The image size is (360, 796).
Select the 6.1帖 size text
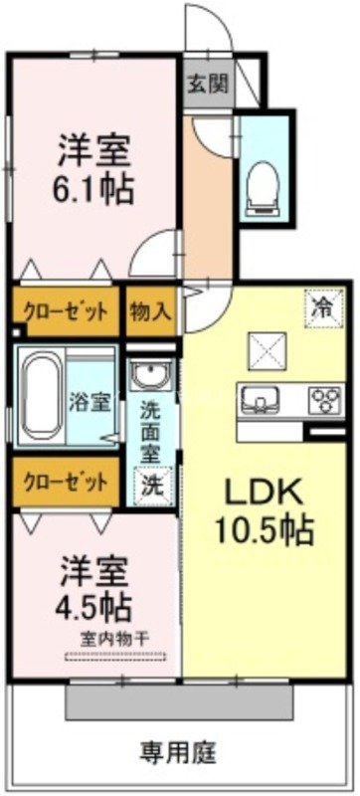[94, 189]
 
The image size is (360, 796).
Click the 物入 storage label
[151, 308]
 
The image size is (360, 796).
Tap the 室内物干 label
[115, 636]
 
